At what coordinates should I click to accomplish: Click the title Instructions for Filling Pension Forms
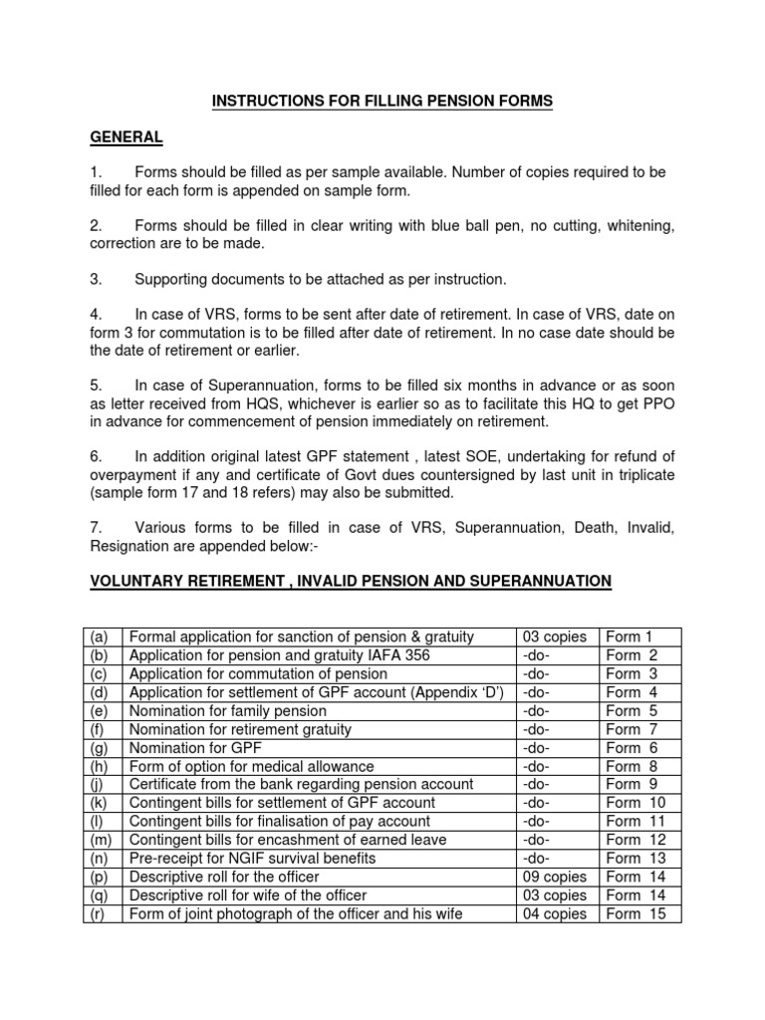[381, 101]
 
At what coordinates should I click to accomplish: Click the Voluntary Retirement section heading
[351, 581]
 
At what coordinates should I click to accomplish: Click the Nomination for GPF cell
[192, 747]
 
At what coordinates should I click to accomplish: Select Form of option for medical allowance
[252, 766]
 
